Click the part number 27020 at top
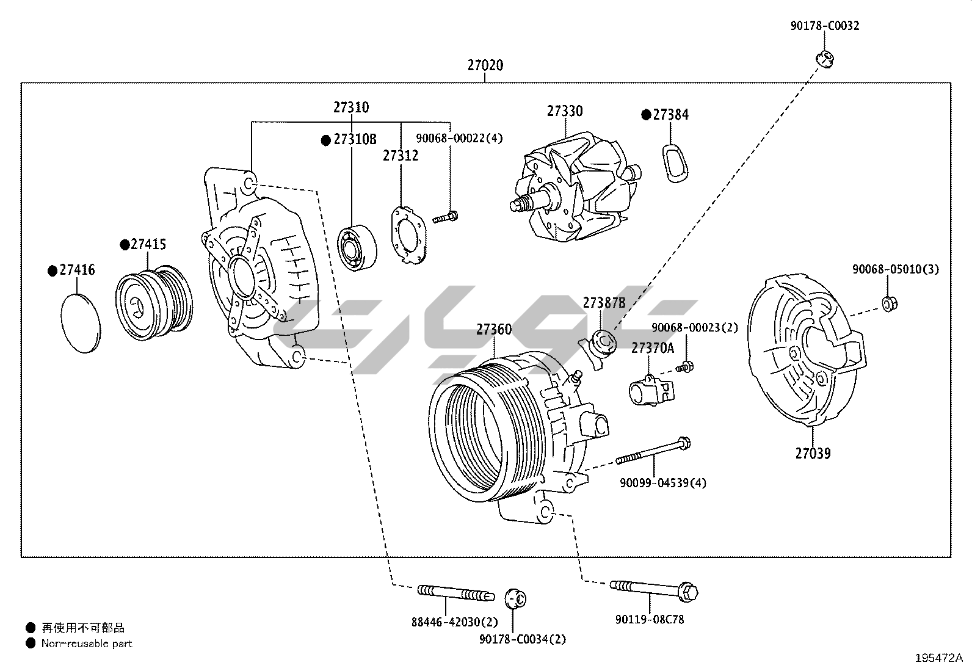point(485,65)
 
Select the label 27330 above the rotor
point(564,111)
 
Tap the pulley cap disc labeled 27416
point(81,322)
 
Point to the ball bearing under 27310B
point(357,247)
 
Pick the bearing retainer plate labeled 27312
point(407,235)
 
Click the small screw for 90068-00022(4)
point(446,216)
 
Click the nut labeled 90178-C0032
point(825,59)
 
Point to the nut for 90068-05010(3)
point(889,303)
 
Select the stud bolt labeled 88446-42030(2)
point(454,592)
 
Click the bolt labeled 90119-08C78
point(653,589)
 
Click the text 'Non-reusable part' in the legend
point(87,644)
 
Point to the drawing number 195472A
point(938,658)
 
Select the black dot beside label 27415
point(125,245)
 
